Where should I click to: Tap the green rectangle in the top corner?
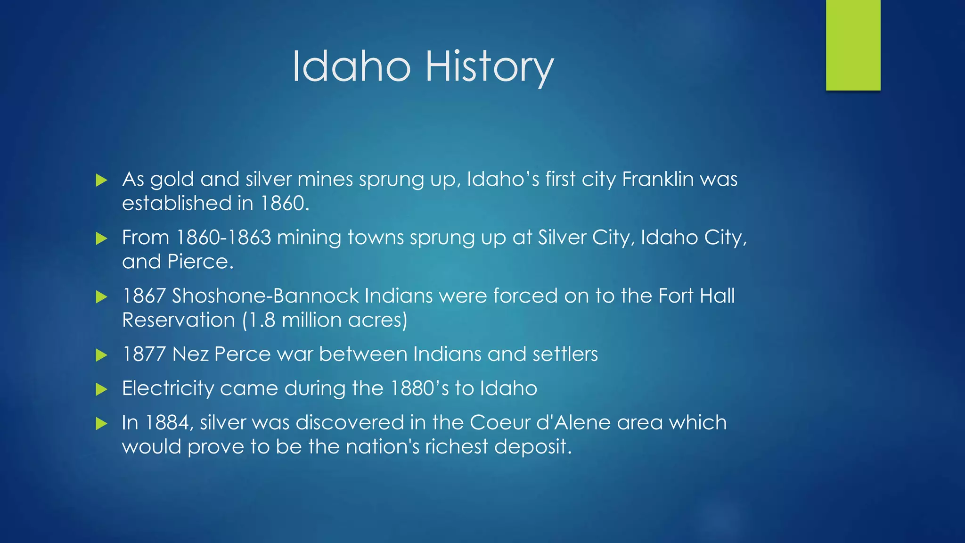point(853,45)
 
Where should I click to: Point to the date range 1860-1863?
point(223,238)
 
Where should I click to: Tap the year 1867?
point(144,296)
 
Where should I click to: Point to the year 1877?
point(144,354)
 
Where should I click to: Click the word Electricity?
point(168,388)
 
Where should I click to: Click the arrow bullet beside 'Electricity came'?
point(101,389)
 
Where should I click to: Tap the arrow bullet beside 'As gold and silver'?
point(101,180)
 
